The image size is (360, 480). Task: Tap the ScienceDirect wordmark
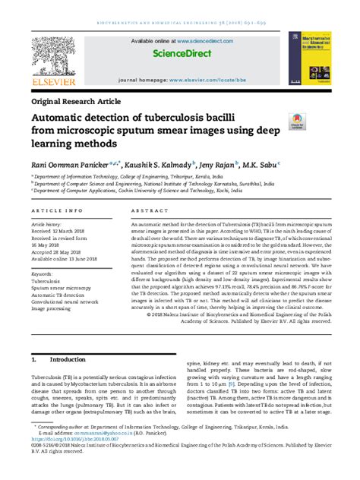[x=182, y=55]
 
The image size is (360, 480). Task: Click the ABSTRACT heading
[x=148, y=210]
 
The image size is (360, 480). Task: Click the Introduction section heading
[x=68, y=358]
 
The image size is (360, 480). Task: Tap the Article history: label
[x=48, y=225]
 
